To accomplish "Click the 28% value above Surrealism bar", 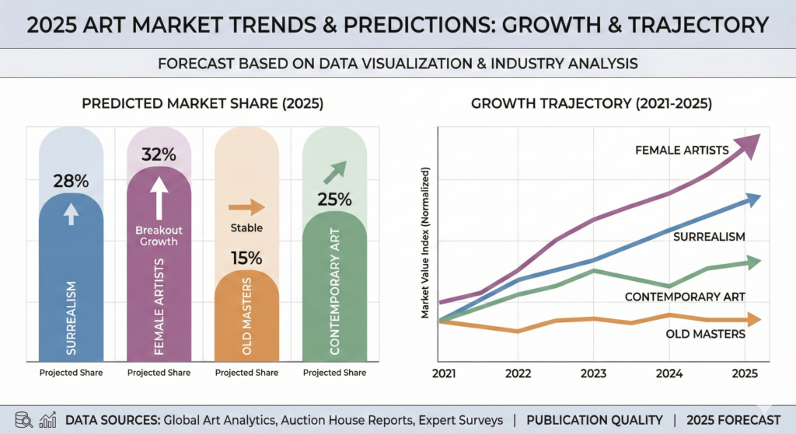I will click(x=71, y=182).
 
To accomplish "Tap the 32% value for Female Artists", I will click(x=159, y=154).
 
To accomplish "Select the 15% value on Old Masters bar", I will click(x=246, y=258).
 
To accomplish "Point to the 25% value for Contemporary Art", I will click(x=333, y=200).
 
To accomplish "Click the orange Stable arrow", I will click(x=246, y=207).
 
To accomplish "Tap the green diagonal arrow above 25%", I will click(x=334, y=172).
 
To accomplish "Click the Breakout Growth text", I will click(x=159, y=235).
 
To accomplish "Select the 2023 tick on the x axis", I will click(x=592, y=372).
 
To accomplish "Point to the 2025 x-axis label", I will click(x=745, y=372).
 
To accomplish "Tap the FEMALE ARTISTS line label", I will click(x=681, y=150).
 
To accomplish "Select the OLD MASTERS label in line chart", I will click(x=706, y=334).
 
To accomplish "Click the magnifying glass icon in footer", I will click(x=24, y=420).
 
